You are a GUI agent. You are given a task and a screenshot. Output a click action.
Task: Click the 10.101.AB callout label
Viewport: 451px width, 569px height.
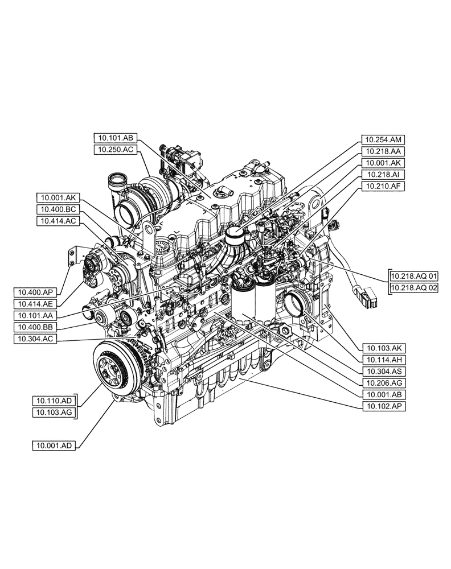pos(116,138)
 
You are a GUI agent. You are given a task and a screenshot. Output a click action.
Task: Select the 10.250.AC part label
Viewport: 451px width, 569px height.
pos(116,150)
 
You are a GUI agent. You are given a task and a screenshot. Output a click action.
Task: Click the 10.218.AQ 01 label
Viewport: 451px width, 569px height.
pos(414,276)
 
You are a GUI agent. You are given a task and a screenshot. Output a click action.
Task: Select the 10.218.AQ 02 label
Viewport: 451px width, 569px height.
pos(414,288)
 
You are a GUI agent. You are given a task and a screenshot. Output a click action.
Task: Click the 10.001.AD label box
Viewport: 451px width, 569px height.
pos(54,446)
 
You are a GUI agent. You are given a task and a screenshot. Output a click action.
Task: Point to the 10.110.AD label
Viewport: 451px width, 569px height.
pos(54,401)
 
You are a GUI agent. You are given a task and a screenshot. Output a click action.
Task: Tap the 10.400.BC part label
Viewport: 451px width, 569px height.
pos(59,209)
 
